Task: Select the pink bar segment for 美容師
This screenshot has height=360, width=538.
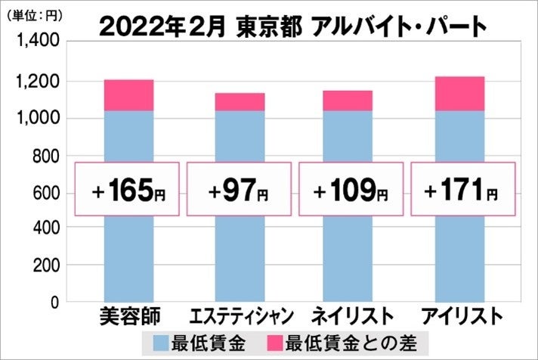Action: (x=128, y=95)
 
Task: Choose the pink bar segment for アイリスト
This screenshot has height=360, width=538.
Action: (x=460, y=94)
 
